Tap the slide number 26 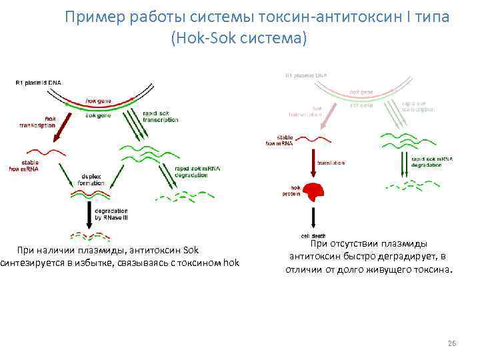451,343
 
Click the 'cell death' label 313,236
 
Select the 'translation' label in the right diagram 331,163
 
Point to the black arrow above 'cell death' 312,217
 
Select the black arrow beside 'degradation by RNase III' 89,215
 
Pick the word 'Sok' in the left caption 192,250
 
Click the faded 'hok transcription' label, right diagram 307,111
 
